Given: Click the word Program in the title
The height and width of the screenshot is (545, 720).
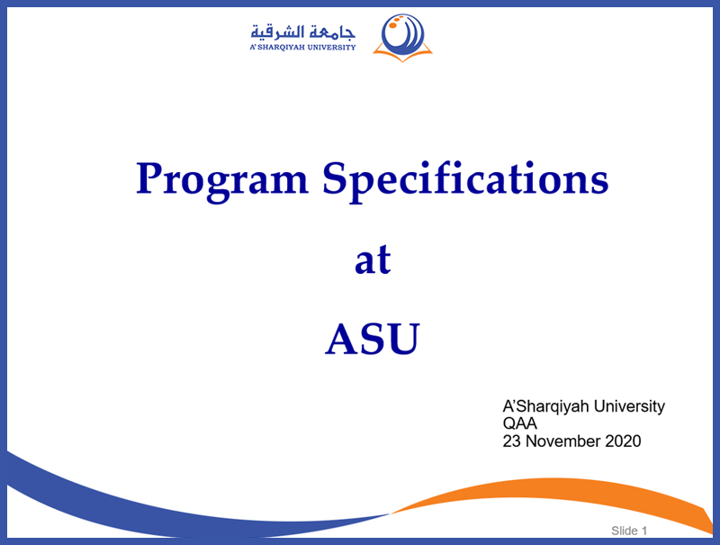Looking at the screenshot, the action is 221,180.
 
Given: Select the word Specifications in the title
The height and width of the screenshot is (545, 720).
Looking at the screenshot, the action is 465,180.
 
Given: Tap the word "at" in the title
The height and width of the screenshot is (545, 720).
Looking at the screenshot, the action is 373,259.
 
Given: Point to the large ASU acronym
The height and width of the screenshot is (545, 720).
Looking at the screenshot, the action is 373,339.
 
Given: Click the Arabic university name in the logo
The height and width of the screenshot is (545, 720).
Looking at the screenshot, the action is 302,32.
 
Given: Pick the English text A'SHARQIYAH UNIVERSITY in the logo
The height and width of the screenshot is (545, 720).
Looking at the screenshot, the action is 302,48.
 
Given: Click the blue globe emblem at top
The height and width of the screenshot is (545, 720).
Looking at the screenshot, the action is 403,34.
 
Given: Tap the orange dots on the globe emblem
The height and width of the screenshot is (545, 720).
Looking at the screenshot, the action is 395,22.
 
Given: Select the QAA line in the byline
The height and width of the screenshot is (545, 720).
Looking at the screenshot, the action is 520,423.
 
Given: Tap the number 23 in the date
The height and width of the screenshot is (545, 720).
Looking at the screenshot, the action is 511,441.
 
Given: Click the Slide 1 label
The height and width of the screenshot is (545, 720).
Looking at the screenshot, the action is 629,531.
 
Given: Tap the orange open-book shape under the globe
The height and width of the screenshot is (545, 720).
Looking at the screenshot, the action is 402,55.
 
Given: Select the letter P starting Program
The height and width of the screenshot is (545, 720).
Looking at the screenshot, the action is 149,177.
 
